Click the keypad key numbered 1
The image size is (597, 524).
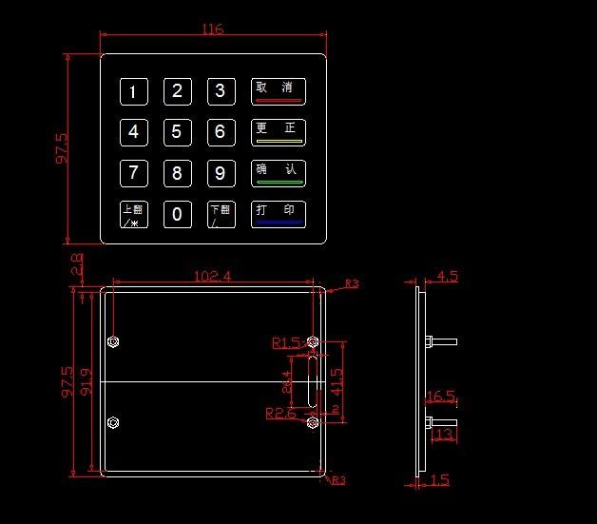(x=133, y=92)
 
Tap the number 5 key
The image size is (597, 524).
(x=177, y=132)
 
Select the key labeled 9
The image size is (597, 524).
(x=221, y=173)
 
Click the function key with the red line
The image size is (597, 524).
(x=279, y=91)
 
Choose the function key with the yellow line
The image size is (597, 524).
(x=279, y=132)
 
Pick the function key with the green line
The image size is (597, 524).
(x=279, y=173)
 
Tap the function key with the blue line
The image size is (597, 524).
(x=279, y=214)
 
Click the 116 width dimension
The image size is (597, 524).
(x=213, y=29)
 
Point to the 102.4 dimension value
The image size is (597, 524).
(x=213, y=276)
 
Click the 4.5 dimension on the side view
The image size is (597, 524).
(x=447, y=277)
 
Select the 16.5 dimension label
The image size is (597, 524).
(x=441, y=397)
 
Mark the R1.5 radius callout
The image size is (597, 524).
(x=285, y=342)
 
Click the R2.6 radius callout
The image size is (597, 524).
(x=280, y=414)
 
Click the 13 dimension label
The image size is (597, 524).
(x=442, y=434)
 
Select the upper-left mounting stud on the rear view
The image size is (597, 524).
(x=114, y=341)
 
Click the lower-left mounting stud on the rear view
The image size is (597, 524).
(x=114, y=423)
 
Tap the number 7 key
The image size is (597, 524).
(x=133, y=173)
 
